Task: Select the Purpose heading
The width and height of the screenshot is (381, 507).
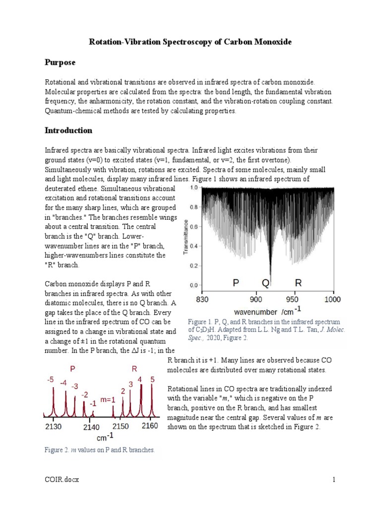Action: click(x=60, y=62)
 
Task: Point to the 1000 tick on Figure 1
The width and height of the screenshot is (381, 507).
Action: click(x=332, y=299)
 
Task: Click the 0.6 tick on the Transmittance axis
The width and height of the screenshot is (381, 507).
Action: click(x=193, y=227)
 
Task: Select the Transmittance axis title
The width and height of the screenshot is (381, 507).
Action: click(x=186, y=237)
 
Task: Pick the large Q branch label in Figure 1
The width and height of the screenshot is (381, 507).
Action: click(x=266, y=283)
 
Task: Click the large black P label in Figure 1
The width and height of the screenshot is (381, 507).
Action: click(x=236, y=283)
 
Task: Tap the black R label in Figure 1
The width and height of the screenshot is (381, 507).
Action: click(x=298, y=283)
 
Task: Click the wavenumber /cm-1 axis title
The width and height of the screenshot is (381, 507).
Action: click(x=267, y=312)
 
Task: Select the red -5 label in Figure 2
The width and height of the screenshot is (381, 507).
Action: click(x=50, y=380)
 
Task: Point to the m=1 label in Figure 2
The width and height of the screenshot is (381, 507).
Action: click(x=108, y=400)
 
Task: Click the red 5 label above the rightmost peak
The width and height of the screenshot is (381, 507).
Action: click(x=152, y=380)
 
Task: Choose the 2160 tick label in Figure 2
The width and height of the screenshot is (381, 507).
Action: click(x=149, y=426)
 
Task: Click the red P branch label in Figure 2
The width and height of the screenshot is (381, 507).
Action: click(x=73, y=369)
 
